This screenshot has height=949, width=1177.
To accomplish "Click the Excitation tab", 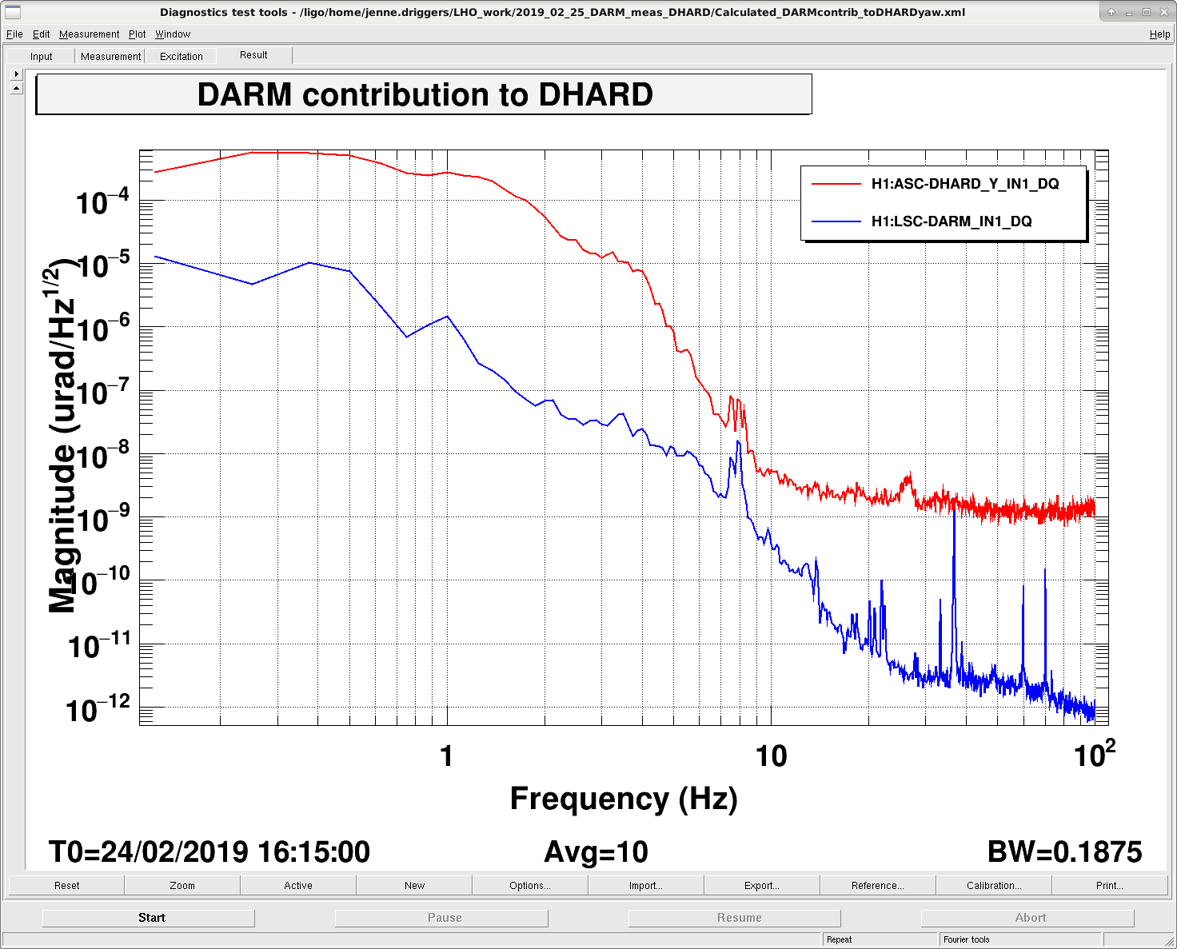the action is tap(181, 56).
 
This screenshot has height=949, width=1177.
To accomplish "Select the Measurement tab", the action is tap(110, 56).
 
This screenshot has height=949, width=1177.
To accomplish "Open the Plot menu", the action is tap(137, 34).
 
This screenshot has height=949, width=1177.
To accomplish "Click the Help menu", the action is tap(1159, 34).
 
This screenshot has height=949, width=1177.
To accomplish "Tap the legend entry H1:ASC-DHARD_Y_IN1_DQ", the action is tap(965, 184).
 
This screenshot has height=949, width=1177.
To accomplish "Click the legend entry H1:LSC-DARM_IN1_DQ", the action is tap(952, 221).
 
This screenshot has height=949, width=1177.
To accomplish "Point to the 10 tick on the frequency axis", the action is tap(771, 756).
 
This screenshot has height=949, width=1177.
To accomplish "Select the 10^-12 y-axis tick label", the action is tap(98, 709).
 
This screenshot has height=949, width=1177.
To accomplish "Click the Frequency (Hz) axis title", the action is tap(624, 799).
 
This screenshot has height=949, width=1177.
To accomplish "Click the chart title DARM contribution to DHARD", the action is tap(425, 94).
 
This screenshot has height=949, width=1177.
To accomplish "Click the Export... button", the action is tap(761, 886).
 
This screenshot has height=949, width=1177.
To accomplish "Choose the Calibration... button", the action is tap(994, 886).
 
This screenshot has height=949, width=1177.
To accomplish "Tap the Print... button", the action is tap(1109, 886).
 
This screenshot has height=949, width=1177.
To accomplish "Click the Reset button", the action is tap(66, 886).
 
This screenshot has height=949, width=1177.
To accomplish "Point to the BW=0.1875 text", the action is tap(1064, 851).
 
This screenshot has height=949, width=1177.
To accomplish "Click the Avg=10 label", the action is tap(596, 851).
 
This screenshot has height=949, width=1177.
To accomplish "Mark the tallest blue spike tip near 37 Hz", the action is tap(954, 510).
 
